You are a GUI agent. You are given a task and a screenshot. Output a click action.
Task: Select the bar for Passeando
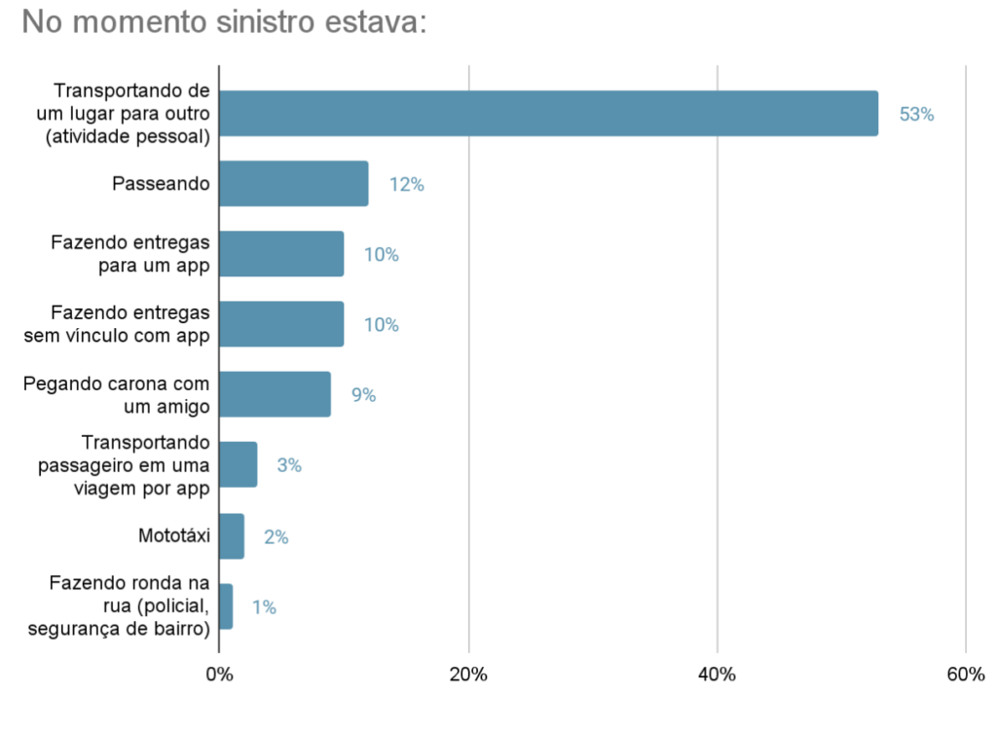click(x=293, y=184)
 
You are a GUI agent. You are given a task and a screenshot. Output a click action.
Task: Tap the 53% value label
click(x=916, y=114)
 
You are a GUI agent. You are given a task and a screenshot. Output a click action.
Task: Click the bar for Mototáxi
click(x=232, y=536)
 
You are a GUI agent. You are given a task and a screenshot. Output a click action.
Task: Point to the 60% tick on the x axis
click(x=965, y=674)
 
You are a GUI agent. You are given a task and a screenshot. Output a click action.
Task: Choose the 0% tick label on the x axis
click(x=219, y=674)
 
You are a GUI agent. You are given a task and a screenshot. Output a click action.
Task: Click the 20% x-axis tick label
click(x=468, y=674)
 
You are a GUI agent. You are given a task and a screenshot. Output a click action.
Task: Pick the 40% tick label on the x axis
click(x=717, y=674)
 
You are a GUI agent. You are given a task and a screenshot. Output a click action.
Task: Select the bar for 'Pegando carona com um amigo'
click(x=275, y=394)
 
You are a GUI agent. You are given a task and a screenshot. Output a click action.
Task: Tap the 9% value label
click(x=363, y=395)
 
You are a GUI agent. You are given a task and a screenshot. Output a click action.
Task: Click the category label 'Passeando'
click(x=162, y=184)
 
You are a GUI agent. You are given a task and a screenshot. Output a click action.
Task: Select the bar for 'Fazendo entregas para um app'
click(x=281, y=254)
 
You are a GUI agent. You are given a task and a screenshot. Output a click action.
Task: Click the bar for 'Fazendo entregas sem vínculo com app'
click(x=281, y=324)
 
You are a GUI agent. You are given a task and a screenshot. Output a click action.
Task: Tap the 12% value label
click(x=406, y=185)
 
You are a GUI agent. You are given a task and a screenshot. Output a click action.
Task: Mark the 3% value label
click(x=289, y=465)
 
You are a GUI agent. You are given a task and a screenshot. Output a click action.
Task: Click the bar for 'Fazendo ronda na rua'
click(x=226, y=606)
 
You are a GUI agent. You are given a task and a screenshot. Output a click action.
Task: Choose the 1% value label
click(x=264, y=607)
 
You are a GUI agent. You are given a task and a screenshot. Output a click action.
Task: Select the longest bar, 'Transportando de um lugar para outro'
click(x=548, y=114)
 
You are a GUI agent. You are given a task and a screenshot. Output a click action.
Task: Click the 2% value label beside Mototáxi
click(x=276, y=536)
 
